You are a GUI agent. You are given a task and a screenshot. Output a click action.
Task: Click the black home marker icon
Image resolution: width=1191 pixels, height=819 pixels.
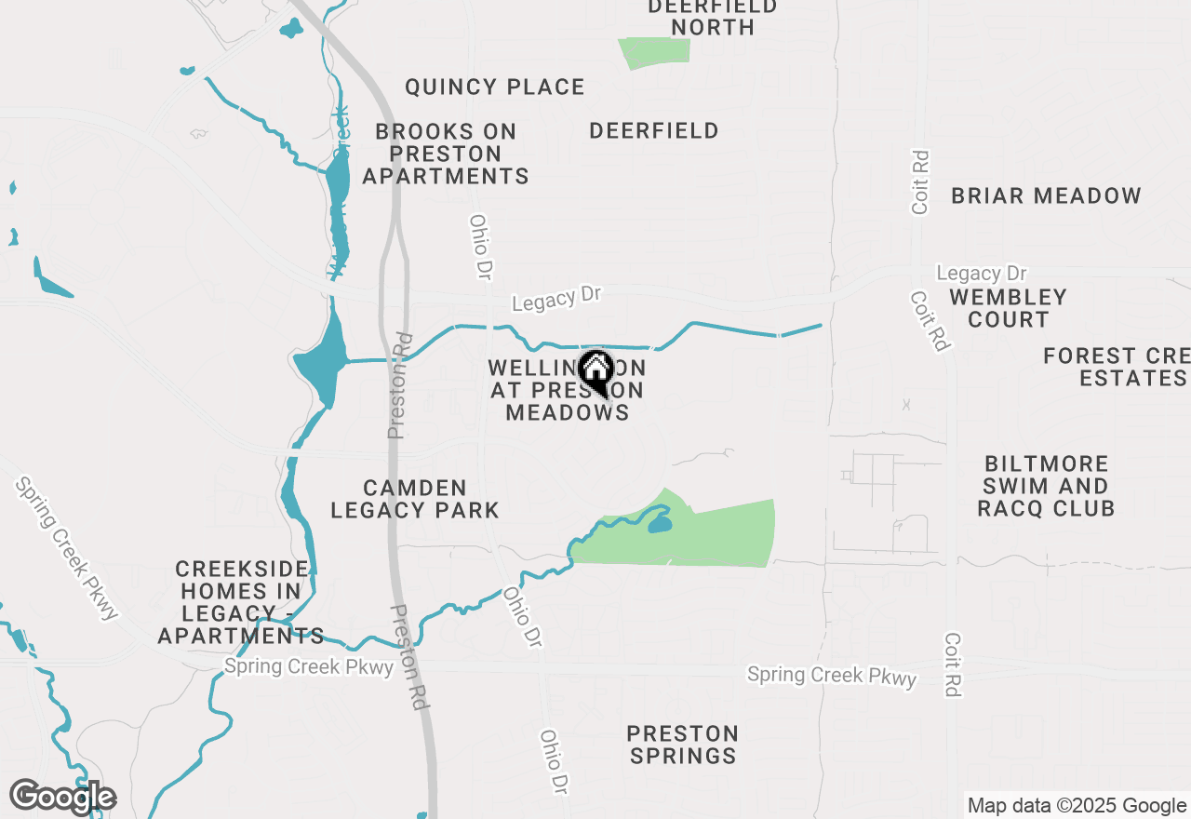coord(595,371)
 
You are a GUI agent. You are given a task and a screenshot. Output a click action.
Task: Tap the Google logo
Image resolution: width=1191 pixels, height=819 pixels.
coord(63,797)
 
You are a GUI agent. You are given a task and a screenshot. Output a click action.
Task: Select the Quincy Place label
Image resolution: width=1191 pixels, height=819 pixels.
coord(495,87)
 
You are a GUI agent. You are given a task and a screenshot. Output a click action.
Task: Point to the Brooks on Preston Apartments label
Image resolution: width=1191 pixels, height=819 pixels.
coord(446,154)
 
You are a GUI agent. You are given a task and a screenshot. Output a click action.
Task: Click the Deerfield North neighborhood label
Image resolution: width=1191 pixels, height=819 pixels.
coord(712,17)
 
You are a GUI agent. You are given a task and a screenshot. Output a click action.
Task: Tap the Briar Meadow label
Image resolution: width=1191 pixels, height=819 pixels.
coord(1046,196)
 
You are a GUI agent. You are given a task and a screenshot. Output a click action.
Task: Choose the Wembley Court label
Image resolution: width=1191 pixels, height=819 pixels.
coord(1008,308)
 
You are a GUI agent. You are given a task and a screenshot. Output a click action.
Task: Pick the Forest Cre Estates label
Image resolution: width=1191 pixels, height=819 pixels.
coord(1117,367)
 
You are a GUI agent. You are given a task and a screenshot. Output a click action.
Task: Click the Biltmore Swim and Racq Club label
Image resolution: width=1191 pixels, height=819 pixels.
coord(1046,486)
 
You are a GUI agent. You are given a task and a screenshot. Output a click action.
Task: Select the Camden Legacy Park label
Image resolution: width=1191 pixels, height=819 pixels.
coord(415,499)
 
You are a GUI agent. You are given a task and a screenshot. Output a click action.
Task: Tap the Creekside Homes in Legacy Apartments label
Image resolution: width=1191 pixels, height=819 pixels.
coord(241,602)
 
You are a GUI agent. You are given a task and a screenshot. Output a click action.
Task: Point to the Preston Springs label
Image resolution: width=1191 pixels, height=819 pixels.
coord(683,745)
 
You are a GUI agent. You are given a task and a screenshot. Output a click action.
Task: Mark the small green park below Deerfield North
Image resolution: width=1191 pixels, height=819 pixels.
coord(656,51)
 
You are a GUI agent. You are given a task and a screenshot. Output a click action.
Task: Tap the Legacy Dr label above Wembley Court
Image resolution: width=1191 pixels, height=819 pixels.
coord(981,274)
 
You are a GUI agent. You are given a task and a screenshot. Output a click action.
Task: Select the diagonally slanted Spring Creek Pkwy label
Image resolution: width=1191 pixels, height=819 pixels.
coord(67,549)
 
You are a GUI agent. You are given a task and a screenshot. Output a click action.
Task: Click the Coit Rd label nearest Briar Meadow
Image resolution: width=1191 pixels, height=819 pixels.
coord(920,181)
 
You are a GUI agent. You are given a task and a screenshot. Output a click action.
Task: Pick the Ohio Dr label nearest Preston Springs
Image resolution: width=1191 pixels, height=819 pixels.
coord(555,761)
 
